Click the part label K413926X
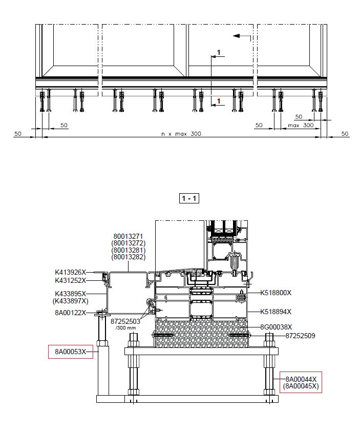coord(71,272)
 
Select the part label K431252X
coord(71,280)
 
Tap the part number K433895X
coord(71,294)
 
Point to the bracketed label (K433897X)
coord(71,301)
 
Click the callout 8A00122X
coord(71,313)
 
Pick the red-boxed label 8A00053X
coord(71,352)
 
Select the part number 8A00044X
coord(301,379)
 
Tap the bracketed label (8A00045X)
coord(301,386)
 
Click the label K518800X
coord(276,293)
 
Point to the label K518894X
coord(276,312)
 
